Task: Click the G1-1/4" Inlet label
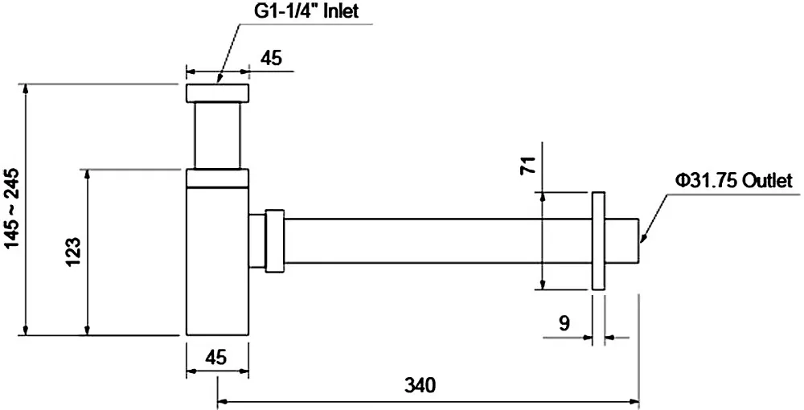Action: click(x=306, y=10)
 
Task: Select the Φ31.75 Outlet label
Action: click(x=734, y=180)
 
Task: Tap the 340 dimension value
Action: click(x=420, y=385)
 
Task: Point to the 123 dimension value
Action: click(x=73, y=252)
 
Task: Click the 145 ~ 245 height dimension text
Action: click(x=14, y=208)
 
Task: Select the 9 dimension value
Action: click(x=564, y=323)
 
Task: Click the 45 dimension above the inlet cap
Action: click(x=271, y=59)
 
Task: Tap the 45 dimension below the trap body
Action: click(x=215, y=358)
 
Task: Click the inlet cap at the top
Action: click(x=217, y=92)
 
